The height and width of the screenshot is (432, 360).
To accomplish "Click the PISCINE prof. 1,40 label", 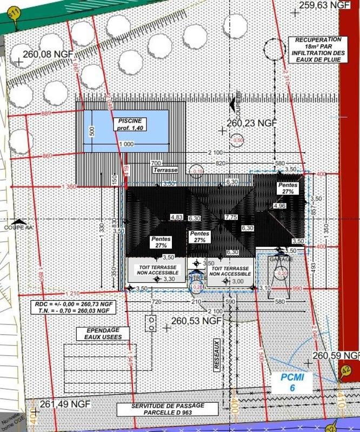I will (130, 124).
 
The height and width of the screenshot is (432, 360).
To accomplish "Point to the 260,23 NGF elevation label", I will (252, 123).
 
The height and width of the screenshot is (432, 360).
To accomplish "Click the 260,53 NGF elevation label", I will (196, 321).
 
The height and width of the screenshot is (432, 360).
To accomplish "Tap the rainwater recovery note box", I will (317, 49).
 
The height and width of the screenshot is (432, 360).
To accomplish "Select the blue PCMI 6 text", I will (292, 382).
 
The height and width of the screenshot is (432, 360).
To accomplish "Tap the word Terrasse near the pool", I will (165, 170).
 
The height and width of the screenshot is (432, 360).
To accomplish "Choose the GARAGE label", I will (281, 259).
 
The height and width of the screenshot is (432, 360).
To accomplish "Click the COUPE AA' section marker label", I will (19, 228).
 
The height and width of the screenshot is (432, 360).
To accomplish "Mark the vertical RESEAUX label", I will (217, 354).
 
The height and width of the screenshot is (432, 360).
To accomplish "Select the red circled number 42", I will (345, 370).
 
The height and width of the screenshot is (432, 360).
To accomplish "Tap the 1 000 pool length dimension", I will (126, 145).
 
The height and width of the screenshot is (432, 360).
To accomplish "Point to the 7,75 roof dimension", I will (231, 217).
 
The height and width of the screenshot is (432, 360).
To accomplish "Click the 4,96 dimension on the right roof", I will (279, 206).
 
